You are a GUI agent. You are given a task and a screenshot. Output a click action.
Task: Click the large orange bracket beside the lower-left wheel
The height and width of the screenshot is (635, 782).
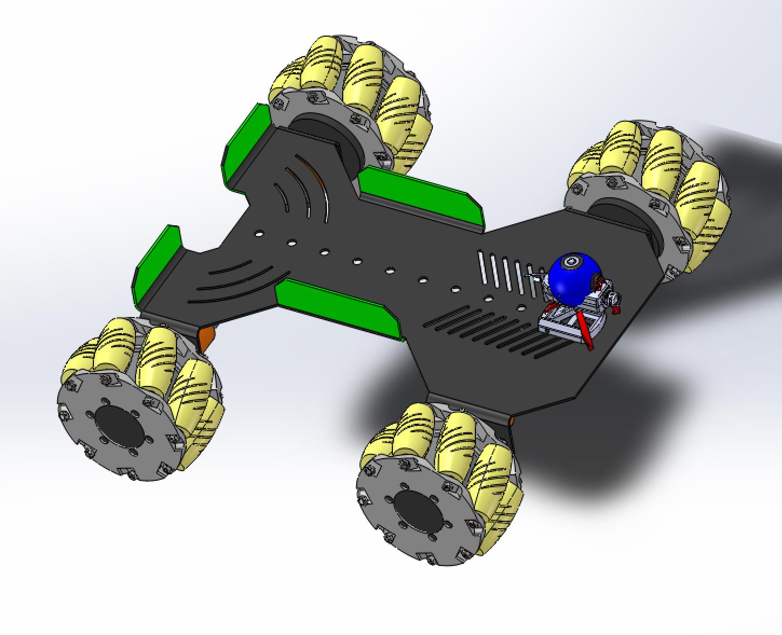click(x=206, y=338)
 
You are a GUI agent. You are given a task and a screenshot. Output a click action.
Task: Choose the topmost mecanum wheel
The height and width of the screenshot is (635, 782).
click(x=351, y=102)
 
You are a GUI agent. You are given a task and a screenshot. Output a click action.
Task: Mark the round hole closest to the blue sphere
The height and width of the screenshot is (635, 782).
click(x=521, y=308)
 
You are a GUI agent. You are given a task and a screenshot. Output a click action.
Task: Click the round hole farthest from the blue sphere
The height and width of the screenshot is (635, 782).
click(x=259, y=234)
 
